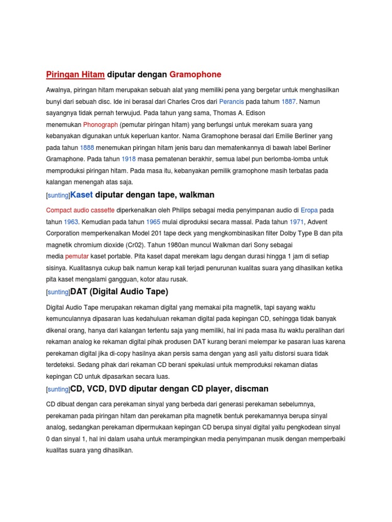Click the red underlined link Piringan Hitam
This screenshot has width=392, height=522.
click(75, 74)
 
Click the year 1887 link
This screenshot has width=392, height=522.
click(288, 101)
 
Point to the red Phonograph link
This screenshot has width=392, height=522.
click(101, 124)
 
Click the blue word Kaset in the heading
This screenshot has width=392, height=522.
click(82, 195)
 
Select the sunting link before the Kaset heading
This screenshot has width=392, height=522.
click(58, 196)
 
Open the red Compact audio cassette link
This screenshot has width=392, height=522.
click(80, 210)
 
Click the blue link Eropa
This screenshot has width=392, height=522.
click(309, 210)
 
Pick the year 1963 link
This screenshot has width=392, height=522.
click(71, 222)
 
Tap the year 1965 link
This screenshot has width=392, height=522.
click(153, 222)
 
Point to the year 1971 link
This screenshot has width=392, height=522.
click(297, 222)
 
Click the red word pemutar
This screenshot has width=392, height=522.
click(77, 256)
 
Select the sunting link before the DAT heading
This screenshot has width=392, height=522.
click(58, 293)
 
